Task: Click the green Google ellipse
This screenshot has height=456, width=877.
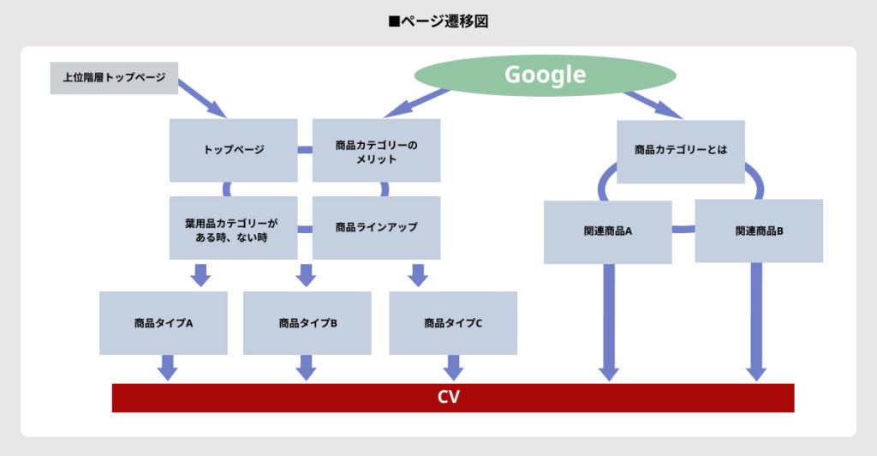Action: pyautogui.click(x=544, y=75)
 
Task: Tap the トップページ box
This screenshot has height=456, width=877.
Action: pyautogui.click(x=234, y=150)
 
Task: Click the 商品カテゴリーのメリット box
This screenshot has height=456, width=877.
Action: pyautogui.click(x=376, y=150)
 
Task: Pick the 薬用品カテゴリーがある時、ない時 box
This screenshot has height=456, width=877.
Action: pyautogui.click(x=234, y=228)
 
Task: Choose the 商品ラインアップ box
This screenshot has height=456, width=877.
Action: pyautogui.click(x=376, y=228)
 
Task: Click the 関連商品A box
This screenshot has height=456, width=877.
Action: pyautogui.click(x=608, y=231)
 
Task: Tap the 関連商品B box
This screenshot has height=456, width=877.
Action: pyautogui.click(x=759, y=231)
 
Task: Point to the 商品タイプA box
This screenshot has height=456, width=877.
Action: pyautogui.click(x=164, y=323)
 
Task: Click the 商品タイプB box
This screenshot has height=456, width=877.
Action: pyautogui.click(x=307, y=323)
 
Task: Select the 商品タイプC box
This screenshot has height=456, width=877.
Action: pyautogui.click(x=453, y=323)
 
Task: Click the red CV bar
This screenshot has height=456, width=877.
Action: pyautogui.click(x=453, y=398)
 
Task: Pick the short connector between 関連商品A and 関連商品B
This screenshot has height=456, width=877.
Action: pyautogui.click(x=683, y=229)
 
